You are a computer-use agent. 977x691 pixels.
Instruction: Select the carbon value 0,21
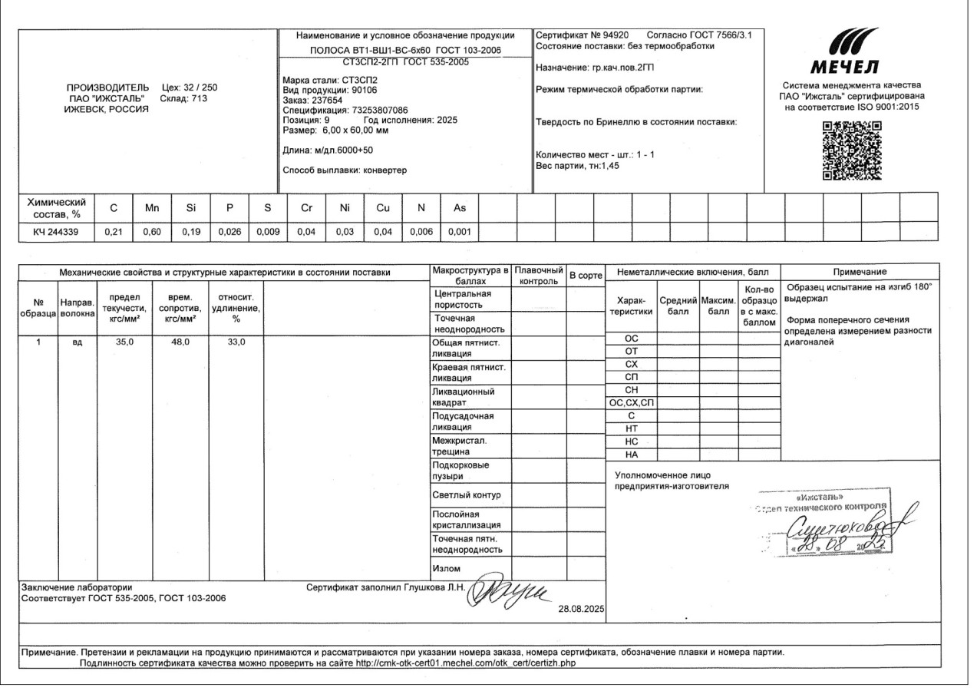pos(113,230)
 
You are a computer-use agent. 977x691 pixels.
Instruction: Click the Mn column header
pos(150,207)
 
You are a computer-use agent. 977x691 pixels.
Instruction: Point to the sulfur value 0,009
pos(266,230)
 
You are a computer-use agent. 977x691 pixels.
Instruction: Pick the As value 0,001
pos(459,230)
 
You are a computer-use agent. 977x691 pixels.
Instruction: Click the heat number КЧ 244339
pos(55,230)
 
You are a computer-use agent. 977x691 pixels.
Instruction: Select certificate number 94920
pos(614,35)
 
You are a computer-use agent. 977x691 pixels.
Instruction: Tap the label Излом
pos(447,569)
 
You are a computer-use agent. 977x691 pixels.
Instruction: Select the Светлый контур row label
pos(467,495)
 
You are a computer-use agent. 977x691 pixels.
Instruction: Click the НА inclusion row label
pos(632,455)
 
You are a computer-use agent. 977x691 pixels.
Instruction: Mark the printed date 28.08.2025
pos(583,609)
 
